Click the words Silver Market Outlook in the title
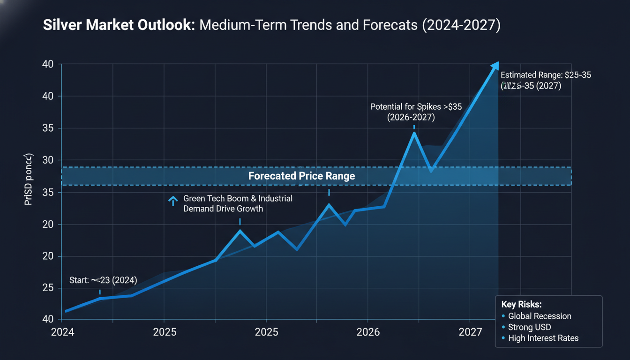(119, 25)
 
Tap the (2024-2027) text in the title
(461, 25)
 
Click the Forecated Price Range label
(301, 176)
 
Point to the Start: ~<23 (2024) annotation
(103, 280)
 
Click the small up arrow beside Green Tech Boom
(173, 201)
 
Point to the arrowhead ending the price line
(495, 66)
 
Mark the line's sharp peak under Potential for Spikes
(414, 133)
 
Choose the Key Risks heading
(521, 304)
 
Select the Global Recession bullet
(539, 316)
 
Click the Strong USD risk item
(529, 327)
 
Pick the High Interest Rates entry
(543, 338)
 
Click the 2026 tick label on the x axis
(368, 332)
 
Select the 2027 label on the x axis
(470, 332)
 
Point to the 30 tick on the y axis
(49, 160)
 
